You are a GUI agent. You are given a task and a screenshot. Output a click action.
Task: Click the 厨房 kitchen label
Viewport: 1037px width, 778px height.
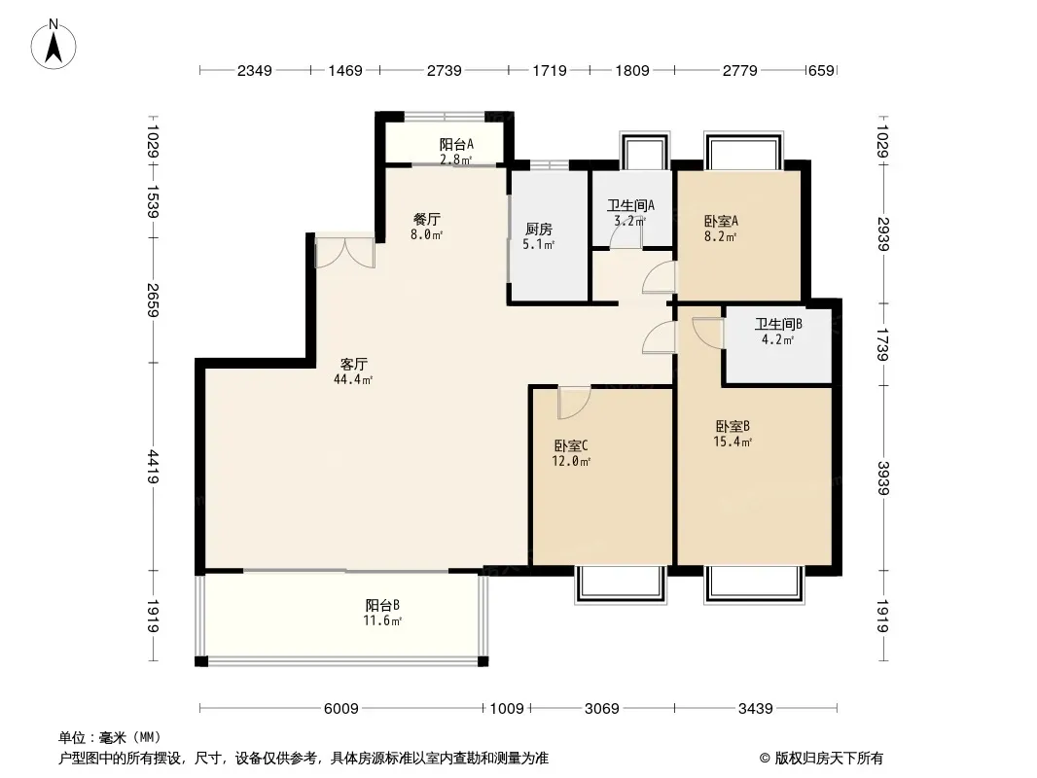[x=539, y=230]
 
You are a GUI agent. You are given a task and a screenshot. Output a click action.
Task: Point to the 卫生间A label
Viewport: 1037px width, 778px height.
[x=630, y=205]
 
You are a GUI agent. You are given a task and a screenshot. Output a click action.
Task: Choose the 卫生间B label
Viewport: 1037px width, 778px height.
[x=778, y=325]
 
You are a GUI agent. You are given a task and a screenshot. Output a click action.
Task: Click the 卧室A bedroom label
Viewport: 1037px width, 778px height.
[x=721, y=221]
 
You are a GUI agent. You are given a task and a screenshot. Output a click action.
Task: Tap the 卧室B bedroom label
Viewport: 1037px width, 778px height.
[x=733, y=426]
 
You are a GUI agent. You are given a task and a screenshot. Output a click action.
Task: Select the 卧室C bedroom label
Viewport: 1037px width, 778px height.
[x=571, y=446]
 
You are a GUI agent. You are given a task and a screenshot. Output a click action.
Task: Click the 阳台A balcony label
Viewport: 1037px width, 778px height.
[x=455, y=145]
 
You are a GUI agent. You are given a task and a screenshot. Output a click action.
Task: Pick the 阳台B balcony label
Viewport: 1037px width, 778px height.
[x=384, y=605]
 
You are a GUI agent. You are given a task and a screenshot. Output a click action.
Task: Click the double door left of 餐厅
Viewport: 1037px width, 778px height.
[x=344, y=251]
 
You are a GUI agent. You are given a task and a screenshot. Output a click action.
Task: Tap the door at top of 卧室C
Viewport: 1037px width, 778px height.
[x=574, y=399]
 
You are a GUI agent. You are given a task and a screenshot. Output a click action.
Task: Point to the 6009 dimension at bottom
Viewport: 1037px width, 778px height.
[x=341, y=709]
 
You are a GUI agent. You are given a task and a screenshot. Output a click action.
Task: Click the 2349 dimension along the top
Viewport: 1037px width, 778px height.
[x=256, y=71]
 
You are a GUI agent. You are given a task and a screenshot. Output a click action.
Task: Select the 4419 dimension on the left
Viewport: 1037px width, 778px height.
[x=154, y=468]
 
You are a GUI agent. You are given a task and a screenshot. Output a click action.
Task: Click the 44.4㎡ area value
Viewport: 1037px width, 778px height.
[x=353, y=379]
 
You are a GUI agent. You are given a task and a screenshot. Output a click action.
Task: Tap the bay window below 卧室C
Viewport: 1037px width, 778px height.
[x=620, y=583]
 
